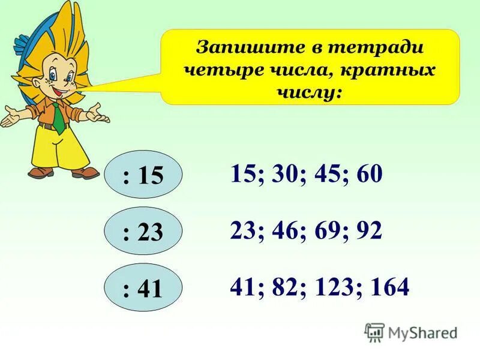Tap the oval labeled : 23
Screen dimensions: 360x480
click(x=142, y=232)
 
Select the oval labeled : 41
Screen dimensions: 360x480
click(x=142, y=289)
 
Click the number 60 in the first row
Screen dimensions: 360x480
click(x=368, y=175)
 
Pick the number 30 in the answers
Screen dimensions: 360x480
click(x=278, y=175)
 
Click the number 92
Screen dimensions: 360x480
click(x=368, y=231)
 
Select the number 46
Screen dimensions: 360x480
click(x=278, y=231)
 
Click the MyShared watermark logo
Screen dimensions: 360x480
click(x=410, y=331)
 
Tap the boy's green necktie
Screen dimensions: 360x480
click(x=58, y=118)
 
